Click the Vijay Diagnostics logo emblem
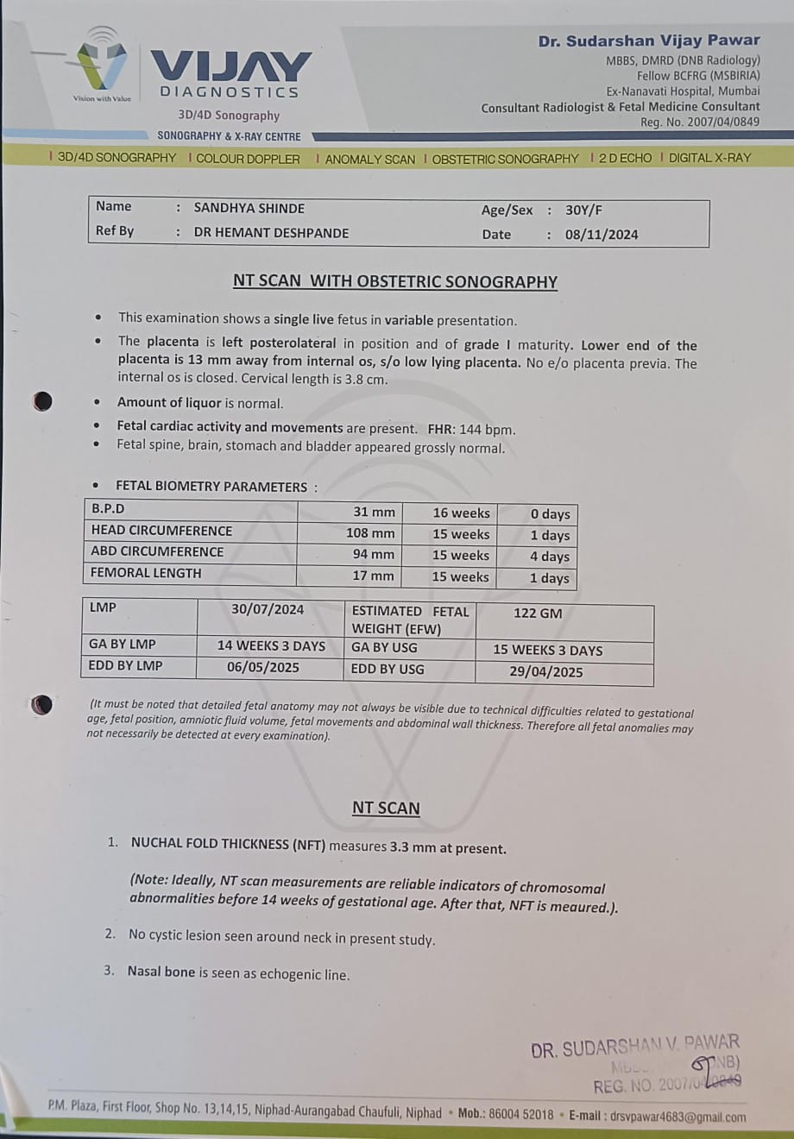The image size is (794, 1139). (102, 63)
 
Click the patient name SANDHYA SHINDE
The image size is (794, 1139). (249, 208)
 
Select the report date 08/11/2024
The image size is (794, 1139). (602, 235)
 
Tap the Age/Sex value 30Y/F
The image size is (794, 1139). (583, 211)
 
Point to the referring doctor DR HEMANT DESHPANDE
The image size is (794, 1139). (271, 233)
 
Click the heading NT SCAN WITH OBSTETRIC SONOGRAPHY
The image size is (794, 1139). (395, 281)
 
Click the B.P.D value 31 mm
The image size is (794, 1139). (374, 513)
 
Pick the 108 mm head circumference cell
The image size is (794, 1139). (370, 534)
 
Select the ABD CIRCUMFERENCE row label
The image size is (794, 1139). (157, 551)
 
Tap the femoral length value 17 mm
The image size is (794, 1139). (374, 576)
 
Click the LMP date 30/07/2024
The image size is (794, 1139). (268, 609)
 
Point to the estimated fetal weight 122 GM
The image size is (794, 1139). (538, 614)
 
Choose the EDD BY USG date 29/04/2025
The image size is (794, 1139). (546, 672)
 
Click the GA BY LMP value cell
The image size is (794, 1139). (271, 645)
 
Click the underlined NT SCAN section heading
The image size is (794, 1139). (386, 809)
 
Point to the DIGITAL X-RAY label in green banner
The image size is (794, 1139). (709, 158)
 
